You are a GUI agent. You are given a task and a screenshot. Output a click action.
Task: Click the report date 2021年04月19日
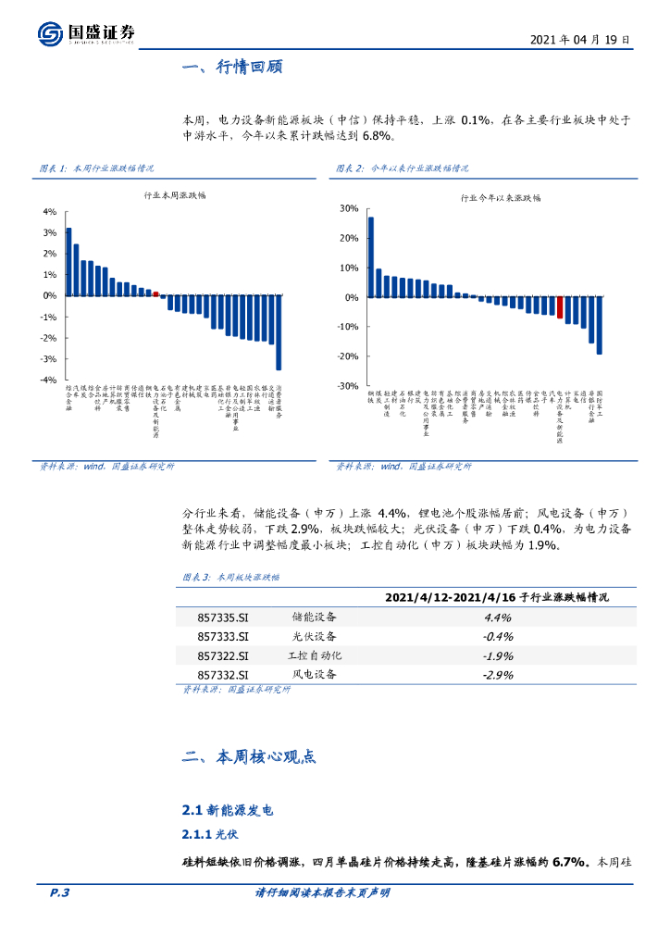click(x=581, y=40)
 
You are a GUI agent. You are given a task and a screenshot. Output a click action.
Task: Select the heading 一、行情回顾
click(x=232, y=68)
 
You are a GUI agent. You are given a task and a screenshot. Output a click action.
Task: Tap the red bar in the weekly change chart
click(x=156, y=293)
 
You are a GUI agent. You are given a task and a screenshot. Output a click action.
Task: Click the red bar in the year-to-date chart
click(x=560, y=307)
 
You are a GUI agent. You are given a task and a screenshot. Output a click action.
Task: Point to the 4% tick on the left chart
click(x=50, y=211)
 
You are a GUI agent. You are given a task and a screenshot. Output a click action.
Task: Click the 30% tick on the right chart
click(x=348, y=208)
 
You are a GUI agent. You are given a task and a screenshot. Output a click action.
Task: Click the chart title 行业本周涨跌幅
click(x=176, y=196)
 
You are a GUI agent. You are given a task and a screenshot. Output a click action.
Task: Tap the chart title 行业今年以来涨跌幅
click(x=501, y=197)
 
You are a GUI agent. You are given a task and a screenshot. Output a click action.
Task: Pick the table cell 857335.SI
click(x=223, y=617)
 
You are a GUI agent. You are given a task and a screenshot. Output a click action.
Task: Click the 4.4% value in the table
click(x=498, y=617)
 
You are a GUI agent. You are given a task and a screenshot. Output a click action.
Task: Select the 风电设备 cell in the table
click(x=314, y=674)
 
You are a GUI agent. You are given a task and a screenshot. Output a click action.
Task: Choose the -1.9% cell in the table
click(x=498, y=655)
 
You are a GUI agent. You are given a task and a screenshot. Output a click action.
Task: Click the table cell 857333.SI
click(x=223, y=636)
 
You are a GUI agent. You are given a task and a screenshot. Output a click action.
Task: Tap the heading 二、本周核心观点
click(x=249, y=756)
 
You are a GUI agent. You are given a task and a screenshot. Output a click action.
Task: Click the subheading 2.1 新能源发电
click(x=229, y=810)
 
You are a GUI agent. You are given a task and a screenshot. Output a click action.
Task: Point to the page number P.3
click(x=59, y=892)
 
